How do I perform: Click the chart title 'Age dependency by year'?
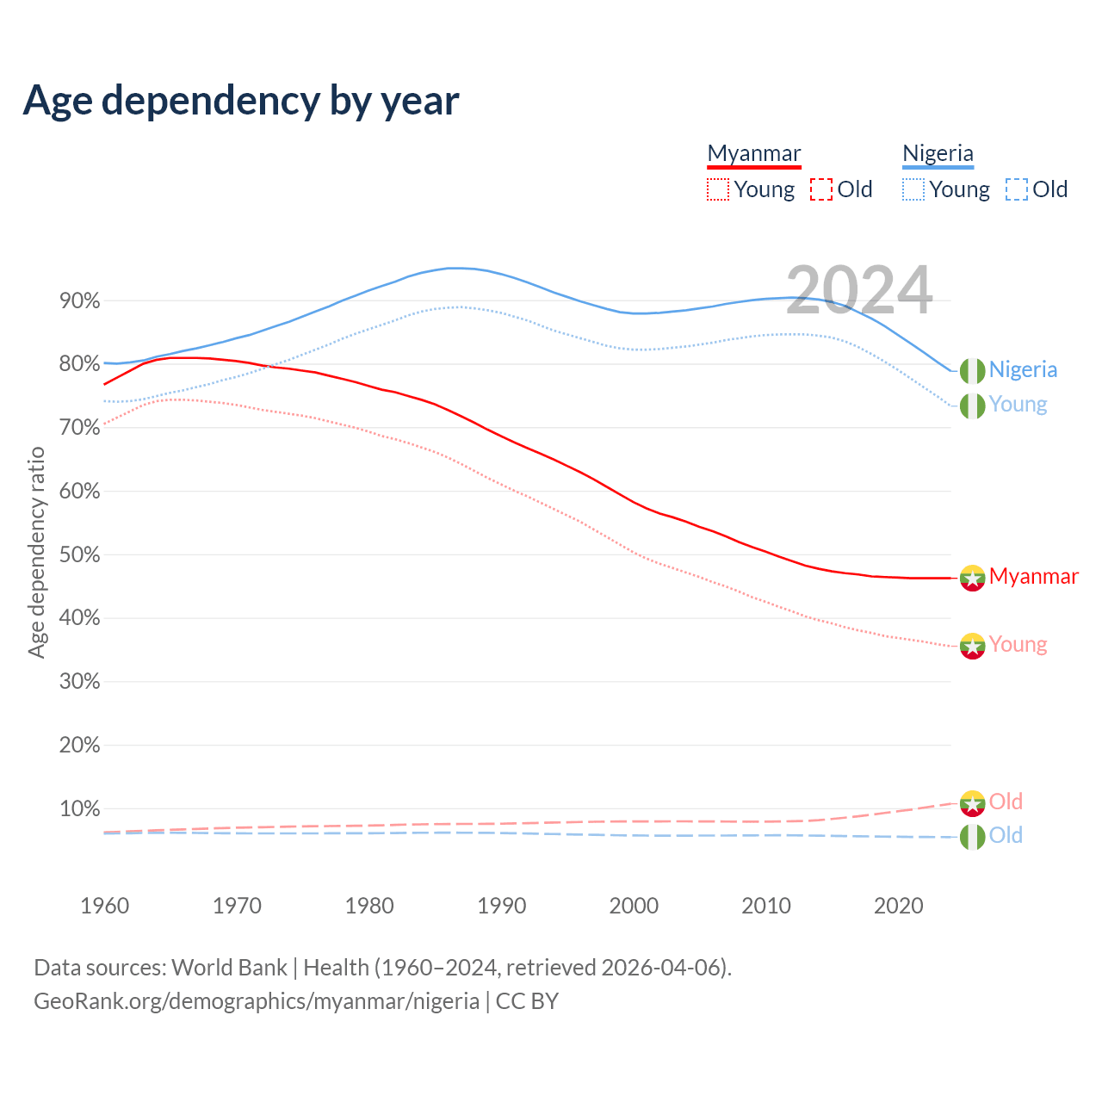pyautogui.click(x=241, y=101)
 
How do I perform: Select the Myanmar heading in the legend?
pyautogui.click(x=753, y=153)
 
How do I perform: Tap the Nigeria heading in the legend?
pyautogui.click(x=938, y=153)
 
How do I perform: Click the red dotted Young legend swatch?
pyautogui.click(x=717, y=189)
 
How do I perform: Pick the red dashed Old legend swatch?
pyautogui.click(x=821, y=189)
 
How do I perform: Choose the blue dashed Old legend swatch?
pyautogui.click(x=1017, y=189)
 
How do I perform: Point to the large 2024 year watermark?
pyautogui.click(x=859, y=290)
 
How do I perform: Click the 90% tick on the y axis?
pyautogui.click(x=80, y=301)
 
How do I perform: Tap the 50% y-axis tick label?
pyautogui.click(x=80, y=555)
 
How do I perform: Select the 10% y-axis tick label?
pyautogui.click(x=80, y=809)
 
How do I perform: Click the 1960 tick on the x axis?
pyautogui.click(x=104, y=906)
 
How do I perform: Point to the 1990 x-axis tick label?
pyautogui.click(x=502, y=906)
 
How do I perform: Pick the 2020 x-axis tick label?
pyautogui.click(x=899, y=906)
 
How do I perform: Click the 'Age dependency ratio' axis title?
pyautogui.click(x=36, y=552)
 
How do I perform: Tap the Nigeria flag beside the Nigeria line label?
pyautogui.click(x=972, y=370)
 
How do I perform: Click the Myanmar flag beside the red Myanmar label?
pyautogui.click(x=972, y=578)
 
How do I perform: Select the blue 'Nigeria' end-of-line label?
pyautogui.click(x=1023, y=369)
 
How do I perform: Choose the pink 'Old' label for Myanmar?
pyautogui.click(x=1006, y=802)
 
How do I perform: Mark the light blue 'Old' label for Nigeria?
pyautogui.click(x=1006, y=835)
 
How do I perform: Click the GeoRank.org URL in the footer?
pyautogui.click(x=257, y=1001)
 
